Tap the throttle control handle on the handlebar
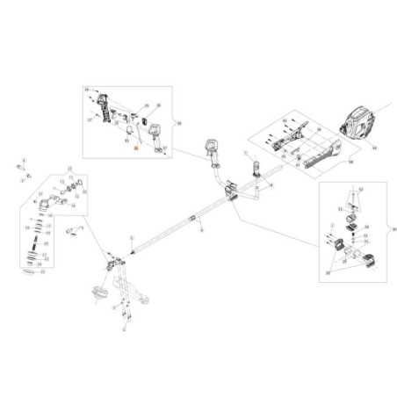point(212,151)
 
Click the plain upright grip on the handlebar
point(257,170)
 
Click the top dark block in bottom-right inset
point(352,215)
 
